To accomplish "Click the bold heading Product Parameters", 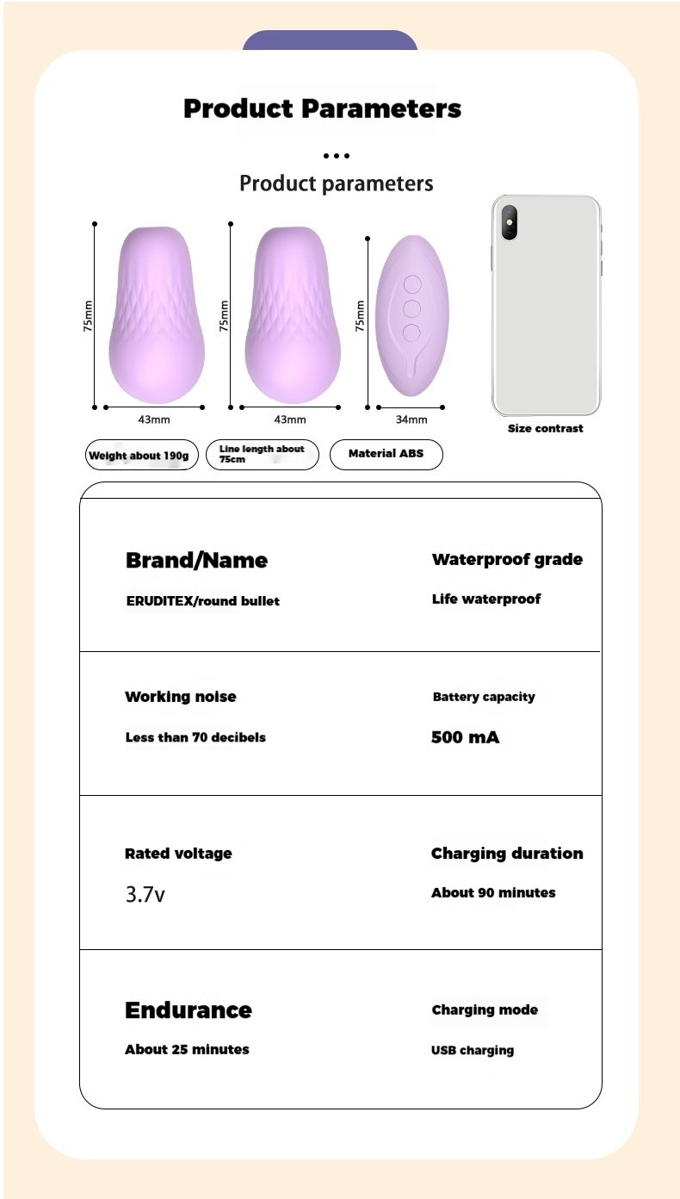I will [322, 109].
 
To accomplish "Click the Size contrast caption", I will [545, 428].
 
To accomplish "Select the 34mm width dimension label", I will [411, 419].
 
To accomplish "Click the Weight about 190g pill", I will [141, 455].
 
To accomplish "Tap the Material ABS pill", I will [386, 454].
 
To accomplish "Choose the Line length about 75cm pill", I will [262, 454].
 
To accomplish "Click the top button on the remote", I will [411, 284].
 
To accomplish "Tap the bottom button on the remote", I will [411, 332].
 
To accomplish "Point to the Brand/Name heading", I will [196, 561].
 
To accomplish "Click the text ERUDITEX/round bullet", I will [202, 601].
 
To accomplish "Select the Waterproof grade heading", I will [507, 560].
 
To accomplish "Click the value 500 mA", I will [465, 737].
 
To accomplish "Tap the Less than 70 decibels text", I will [195, 737].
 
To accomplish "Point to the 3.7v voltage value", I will [145, 894].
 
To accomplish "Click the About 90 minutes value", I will [493, 893].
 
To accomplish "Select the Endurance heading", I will [189, 1010].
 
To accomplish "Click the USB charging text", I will [473, 1051].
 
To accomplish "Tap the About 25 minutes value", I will [187, 1050].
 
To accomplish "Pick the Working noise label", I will [180, 697].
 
